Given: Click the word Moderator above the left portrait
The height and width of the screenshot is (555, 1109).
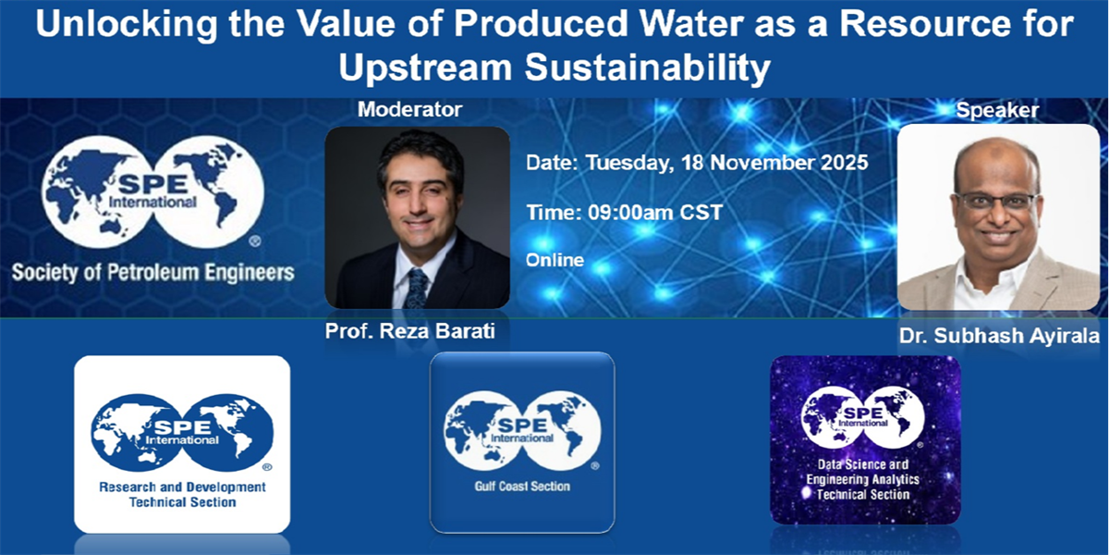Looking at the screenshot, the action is pos(410,109).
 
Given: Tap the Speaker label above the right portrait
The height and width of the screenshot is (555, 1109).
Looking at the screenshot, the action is pos(997,110).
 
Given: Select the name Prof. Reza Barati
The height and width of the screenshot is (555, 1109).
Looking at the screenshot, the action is pos(410,331).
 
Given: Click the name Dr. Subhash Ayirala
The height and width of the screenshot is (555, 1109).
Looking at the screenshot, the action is pos(999,336).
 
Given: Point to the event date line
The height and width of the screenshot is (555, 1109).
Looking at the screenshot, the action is pos(697,163).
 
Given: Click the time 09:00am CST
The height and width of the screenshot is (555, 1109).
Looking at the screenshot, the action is pos(655,213).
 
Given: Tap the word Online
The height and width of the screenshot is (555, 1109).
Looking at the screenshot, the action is pos(555,260).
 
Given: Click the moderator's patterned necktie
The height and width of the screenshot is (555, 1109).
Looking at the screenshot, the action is pos(417,289).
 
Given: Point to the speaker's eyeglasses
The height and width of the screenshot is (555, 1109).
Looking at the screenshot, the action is pos(996,202).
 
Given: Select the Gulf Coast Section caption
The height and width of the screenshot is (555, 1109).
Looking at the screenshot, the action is pos(522,487).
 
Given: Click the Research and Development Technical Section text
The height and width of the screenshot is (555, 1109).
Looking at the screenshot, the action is pos(182,495).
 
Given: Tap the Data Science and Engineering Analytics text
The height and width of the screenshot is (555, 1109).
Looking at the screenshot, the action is pos(863,472).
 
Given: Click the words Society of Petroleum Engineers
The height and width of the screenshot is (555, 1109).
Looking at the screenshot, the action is pos(153,273).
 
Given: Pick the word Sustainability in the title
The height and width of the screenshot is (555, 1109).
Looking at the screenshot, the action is pos(648,68).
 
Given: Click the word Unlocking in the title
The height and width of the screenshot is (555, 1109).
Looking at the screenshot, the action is pos(127,24).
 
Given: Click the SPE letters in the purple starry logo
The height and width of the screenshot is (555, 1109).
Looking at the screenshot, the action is pos(862,413).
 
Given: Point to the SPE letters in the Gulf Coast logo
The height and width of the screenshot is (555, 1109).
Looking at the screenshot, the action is pos(522,425).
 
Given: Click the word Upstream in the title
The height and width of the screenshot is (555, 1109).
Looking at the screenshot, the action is pos(425,68).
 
